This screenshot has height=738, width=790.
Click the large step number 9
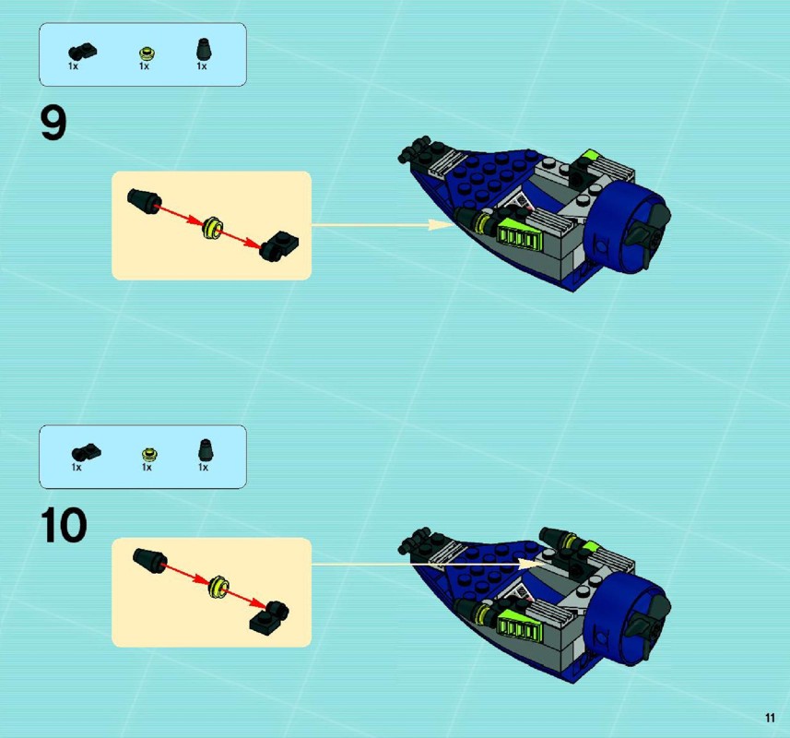coord(53,124)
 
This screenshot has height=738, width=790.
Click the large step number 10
coord(64,525)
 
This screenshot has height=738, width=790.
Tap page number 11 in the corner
coord(770,718)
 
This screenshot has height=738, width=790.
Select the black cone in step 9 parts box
coord(204,50)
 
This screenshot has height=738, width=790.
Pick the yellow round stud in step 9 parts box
coord(147,53)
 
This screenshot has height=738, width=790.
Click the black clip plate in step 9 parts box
coord(83,52)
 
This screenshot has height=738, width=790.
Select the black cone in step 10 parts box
coord(205,450)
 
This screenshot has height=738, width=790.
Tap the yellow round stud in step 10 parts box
coord(149,455)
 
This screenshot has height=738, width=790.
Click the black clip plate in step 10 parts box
coord(86,452)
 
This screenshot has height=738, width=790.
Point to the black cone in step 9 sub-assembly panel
coord(144,201)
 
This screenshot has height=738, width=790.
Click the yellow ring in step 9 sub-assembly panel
coord(212,228)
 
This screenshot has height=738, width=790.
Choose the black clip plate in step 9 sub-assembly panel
coord(278,245)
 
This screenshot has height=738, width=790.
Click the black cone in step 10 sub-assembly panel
coord(149,563)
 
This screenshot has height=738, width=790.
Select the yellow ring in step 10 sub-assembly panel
coord(218,587)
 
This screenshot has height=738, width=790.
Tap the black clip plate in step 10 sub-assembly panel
coord(269,616)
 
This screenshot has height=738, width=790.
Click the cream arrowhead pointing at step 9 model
coord(441,225)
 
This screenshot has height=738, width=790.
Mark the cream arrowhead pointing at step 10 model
coord(532,564)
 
